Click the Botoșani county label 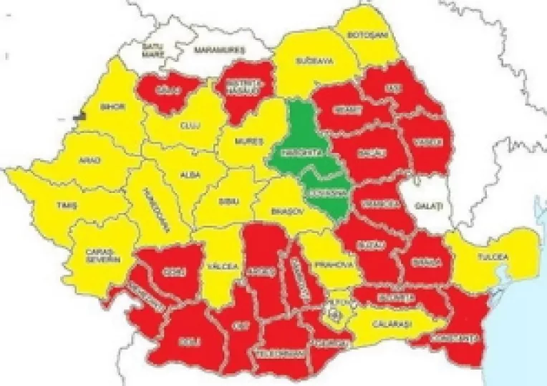click(367, 35)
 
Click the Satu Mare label click(153, 50)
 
